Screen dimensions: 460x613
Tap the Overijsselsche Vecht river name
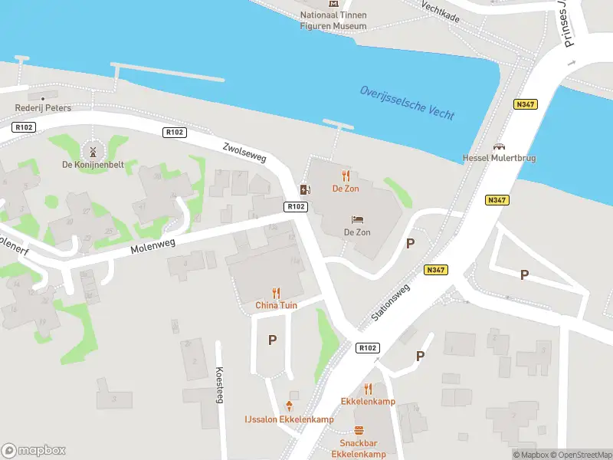tap(408, 103)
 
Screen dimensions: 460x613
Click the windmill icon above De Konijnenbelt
tap(92, 150)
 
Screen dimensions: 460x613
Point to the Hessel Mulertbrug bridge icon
tap(499, 146)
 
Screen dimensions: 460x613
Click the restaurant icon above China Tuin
tap(276, 292)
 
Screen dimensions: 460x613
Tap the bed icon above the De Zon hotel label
tap(357, 219)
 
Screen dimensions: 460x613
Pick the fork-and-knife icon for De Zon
tap(346, 175)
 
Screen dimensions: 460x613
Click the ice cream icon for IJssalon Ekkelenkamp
tap(290, 406)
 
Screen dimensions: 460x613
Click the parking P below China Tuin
tap(272, 340)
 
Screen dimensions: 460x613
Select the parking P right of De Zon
tap(411, 243)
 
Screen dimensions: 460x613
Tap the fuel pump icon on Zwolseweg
tap(305, 189)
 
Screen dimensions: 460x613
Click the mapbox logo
tap(34, 450)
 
